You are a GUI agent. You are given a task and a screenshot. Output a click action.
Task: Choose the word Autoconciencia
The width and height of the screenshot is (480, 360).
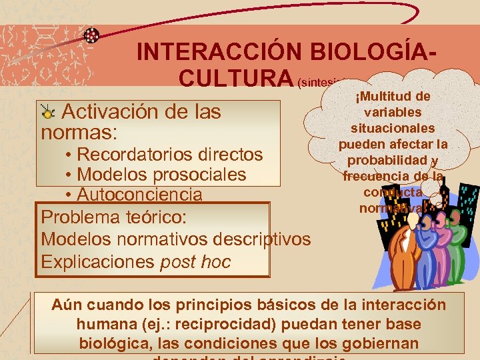click(139, 195)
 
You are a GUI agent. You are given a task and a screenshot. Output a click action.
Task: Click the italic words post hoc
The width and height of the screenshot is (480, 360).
click(195, 261)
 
